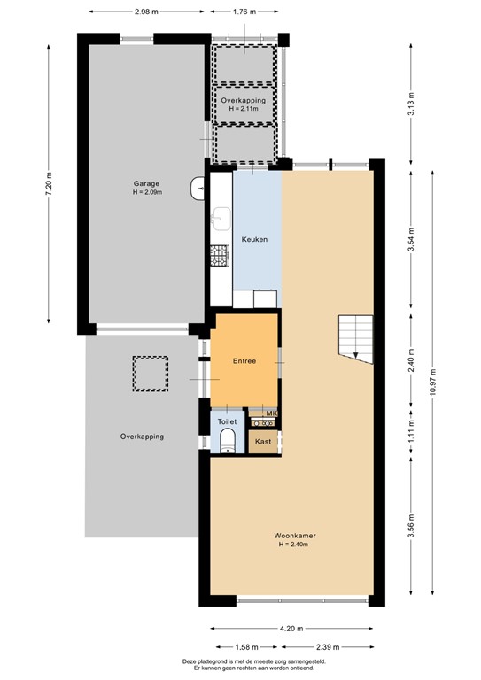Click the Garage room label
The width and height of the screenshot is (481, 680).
click(x=146, y=183)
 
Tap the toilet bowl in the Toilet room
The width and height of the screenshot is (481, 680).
click(x=228, y=441)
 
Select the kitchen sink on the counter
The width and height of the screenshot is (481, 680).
click(x=221, y=219)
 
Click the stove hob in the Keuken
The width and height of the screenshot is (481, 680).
click(x=220, y=256)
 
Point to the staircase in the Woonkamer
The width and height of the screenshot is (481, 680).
click(x=355, y=339)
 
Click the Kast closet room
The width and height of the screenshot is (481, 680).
click(x=263, y=442)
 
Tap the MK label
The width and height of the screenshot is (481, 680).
click(x=271, y=413)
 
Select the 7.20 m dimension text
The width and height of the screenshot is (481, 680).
click(x=49, y=184)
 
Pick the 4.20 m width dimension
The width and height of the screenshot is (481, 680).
click(x=291, y=628)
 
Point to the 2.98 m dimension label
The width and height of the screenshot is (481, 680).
click(x=146, y=12)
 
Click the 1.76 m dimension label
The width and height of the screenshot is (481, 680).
click(x=244, y=12)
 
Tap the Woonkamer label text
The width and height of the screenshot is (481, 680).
click(x=295, y=536)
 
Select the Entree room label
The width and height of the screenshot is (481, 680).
click(x=244, y=361)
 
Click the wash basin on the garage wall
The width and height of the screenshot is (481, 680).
click(x=198, y=189)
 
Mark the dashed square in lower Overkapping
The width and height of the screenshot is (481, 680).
click(x=151, y=374)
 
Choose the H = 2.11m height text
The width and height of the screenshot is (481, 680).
click(x=244, y=108)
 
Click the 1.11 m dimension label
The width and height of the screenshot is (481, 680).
click(x=411, y=430)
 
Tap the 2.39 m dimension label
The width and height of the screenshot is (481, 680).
click(x=328, y=647)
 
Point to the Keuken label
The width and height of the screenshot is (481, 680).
click(x=254, y=239)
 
